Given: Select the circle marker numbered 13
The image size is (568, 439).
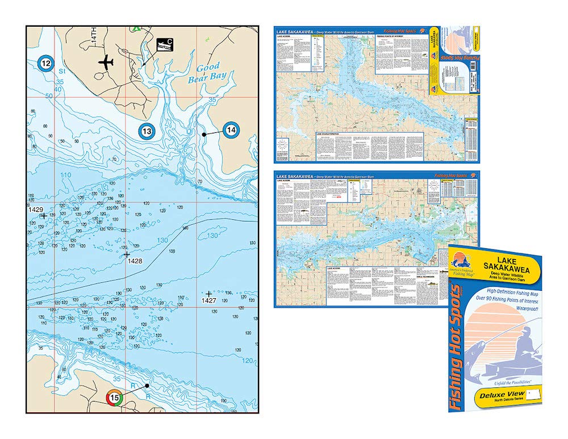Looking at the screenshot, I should coord(147,132).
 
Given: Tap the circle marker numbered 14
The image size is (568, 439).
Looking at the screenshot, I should coord(231,130).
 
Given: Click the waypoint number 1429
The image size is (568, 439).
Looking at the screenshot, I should coord(36,210).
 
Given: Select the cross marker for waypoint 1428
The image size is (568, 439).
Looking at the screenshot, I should coord(127,254).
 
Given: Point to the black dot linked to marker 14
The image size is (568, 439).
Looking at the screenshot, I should coord(204,134).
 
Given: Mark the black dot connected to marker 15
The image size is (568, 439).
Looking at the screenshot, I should coord(147,385).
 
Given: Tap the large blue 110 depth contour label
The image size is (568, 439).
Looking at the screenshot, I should coord(65,175).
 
